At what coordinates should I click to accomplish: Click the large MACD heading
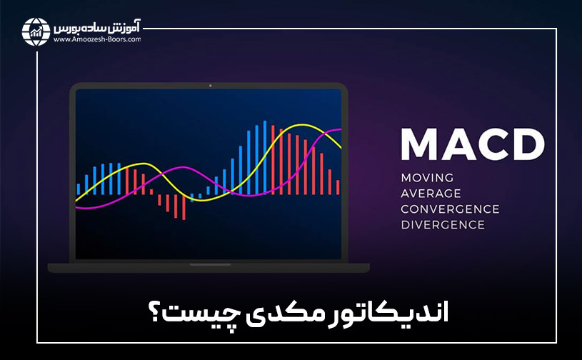click(472, 144)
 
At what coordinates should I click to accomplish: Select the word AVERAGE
click(431, 193)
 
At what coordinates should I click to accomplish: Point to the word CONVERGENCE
click(450, 209)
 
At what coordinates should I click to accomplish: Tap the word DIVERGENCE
click(443, 224)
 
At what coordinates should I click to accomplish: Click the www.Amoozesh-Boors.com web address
click(96, 40)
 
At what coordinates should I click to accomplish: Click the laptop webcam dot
click(211, 86)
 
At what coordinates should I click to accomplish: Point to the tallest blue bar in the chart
click(264, 157)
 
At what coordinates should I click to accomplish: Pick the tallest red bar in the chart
click(274, 160)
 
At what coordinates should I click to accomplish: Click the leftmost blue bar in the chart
click(79, 189)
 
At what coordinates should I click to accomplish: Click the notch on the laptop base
click(209, 265)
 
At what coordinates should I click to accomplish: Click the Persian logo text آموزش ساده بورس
click(96, 29)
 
